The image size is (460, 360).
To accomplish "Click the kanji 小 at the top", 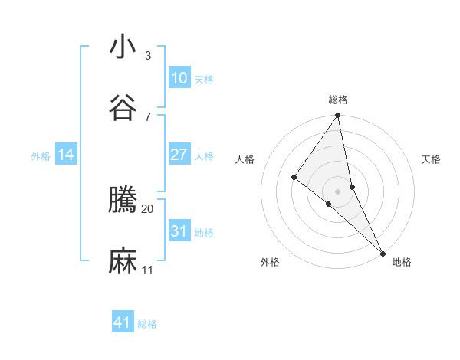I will [x=123, y=47].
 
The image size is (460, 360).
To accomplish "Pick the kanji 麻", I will [x=123, y=261].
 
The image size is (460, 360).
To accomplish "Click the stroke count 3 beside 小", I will [x=148, y=56].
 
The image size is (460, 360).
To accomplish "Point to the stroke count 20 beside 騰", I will [x=148, y=208].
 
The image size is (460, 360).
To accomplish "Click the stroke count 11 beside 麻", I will [x=148, y=270].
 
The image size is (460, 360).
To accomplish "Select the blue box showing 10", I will [x=179, y=78].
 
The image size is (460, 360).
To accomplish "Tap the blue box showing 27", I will [x=179, y=155].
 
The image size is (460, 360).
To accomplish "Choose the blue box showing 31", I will [x=179, y=231].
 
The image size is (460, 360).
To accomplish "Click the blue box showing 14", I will [x=66, y=155].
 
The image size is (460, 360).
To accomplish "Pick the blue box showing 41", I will [x=123, y=322].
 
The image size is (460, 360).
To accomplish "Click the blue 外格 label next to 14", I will [x=41, y=156].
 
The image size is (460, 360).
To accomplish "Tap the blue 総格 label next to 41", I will [x=147, y=324].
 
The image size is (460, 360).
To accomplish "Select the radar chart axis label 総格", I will [x=338, y=100].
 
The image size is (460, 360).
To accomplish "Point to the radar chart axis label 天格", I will [x=432, y=159].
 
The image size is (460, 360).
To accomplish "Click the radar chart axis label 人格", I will [x=245, y=159].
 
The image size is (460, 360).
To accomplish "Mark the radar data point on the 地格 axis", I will [x=383, y=252].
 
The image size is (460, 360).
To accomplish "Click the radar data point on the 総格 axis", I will [x=338, y=116].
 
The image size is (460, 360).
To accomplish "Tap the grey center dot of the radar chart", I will [x=338, y=191].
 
